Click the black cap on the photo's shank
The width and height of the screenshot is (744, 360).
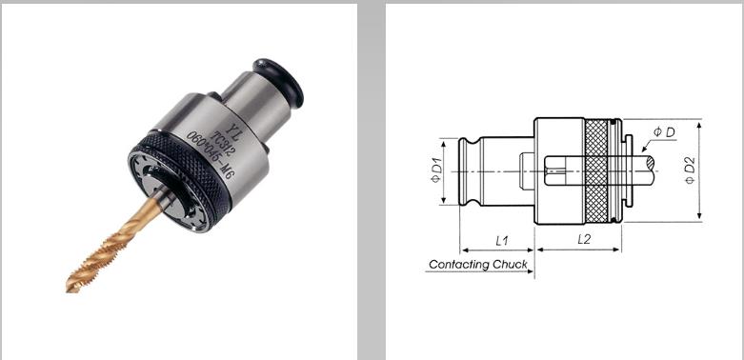click(x=278, y=82)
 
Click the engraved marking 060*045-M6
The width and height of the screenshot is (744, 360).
click(x=211, y=154)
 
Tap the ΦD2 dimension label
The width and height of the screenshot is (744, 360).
click(x=690, y=170)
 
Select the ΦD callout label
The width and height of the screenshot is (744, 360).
click(x=664, y=132)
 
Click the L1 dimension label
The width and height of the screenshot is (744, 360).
click(x=501, y=240)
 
